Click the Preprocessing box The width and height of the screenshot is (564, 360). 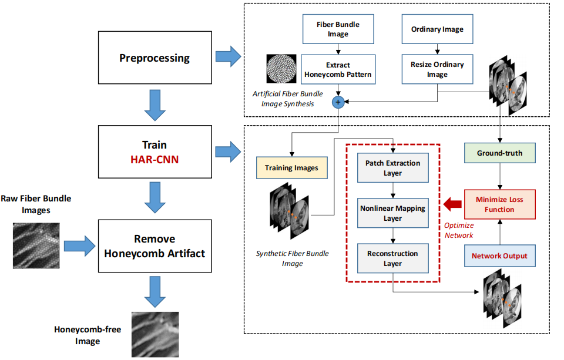[155, 58]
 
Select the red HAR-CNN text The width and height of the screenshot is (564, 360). [155, 159]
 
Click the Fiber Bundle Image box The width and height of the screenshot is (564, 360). [338, 29]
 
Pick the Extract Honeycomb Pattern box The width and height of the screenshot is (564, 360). [338, 70]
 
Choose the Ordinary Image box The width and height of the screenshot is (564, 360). [437, 29]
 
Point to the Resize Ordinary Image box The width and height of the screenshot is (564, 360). [437, 70]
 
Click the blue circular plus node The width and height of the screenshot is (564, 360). [338, 102]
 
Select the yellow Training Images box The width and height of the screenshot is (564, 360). [291, 167]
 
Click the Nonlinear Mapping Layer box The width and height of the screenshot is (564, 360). [392, 213]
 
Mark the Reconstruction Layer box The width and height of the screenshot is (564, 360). [392, 258]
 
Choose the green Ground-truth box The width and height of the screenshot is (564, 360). [499, 154]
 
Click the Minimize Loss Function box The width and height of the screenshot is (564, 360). [499, 204]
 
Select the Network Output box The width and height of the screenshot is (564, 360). [499, 255]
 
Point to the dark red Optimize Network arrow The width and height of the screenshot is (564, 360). [454, 204]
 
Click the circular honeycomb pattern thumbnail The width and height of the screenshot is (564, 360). [280, 69]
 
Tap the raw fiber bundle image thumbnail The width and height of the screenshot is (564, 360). [36, 244]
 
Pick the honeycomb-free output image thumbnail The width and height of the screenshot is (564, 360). [155, 334]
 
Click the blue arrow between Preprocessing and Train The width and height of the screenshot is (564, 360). [155, 103]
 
